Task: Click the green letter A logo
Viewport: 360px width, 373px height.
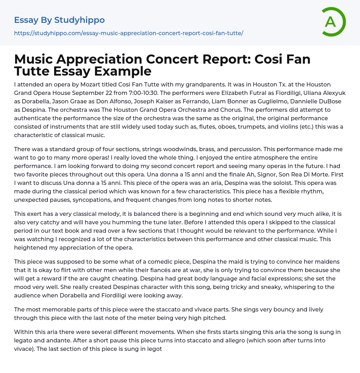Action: pos(333,22)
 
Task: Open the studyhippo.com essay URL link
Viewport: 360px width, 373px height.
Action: pos(129,33)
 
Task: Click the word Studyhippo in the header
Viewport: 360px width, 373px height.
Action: pos(79,20)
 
